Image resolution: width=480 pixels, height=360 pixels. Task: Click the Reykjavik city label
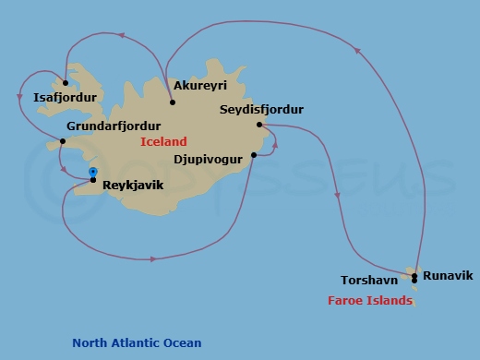coord(133,185)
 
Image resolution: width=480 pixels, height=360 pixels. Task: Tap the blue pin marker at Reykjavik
coord(93,172)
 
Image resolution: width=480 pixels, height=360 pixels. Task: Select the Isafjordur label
coord(62,96)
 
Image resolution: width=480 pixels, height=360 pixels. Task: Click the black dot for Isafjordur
coord(66,83)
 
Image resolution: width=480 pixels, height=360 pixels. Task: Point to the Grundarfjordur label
coord(114,126)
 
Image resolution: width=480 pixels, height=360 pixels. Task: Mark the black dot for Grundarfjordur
coord(62,141)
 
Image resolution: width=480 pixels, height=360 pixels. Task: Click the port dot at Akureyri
coord(173,89)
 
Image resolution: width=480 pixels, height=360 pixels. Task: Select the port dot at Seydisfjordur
coord(259,125)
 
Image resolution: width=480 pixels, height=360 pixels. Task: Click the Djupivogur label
coord(208,159)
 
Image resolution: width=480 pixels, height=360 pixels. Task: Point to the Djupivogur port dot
coord(254,156)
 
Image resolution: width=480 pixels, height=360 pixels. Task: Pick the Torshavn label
coord(368,280)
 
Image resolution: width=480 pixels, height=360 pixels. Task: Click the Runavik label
coord(448,275)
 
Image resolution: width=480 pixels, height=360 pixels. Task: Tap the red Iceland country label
coord(163,142)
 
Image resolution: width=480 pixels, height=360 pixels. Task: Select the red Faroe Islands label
coord(370,301)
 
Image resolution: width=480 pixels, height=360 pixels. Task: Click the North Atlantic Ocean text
coord(137,343)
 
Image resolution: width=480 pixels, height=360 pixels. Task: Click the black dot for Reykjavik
coord(93,179)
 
